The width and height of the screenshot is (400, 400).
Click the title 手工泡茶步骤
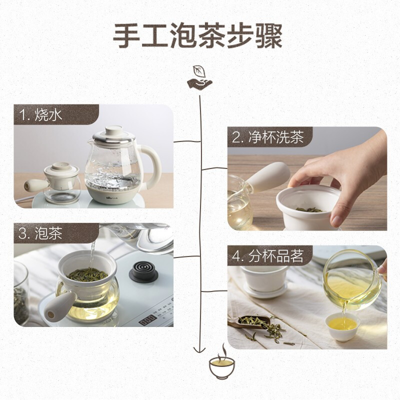click(197, 35)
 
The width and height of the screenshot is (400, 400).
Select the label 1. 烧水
click(41, 114)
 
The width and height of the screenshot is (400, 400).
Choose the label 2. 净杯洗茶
click(268, 137)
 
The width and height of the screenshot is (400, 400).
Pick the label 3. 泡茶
click(40, 233)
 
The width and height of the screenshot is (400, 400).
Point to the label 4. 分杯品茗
click(268, 256)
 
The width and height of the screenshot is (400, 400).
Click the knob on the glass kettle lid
click(114, 130)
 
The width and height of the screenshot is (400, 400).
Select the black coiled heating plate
click(143, 271)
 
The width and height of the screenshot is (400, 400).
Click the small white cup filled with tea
click(343, 327)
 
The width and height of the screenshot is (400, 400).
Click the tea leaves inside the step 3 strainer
click(87, 274)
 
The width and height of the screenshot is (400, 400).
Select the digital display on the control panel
click(147, 320)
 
